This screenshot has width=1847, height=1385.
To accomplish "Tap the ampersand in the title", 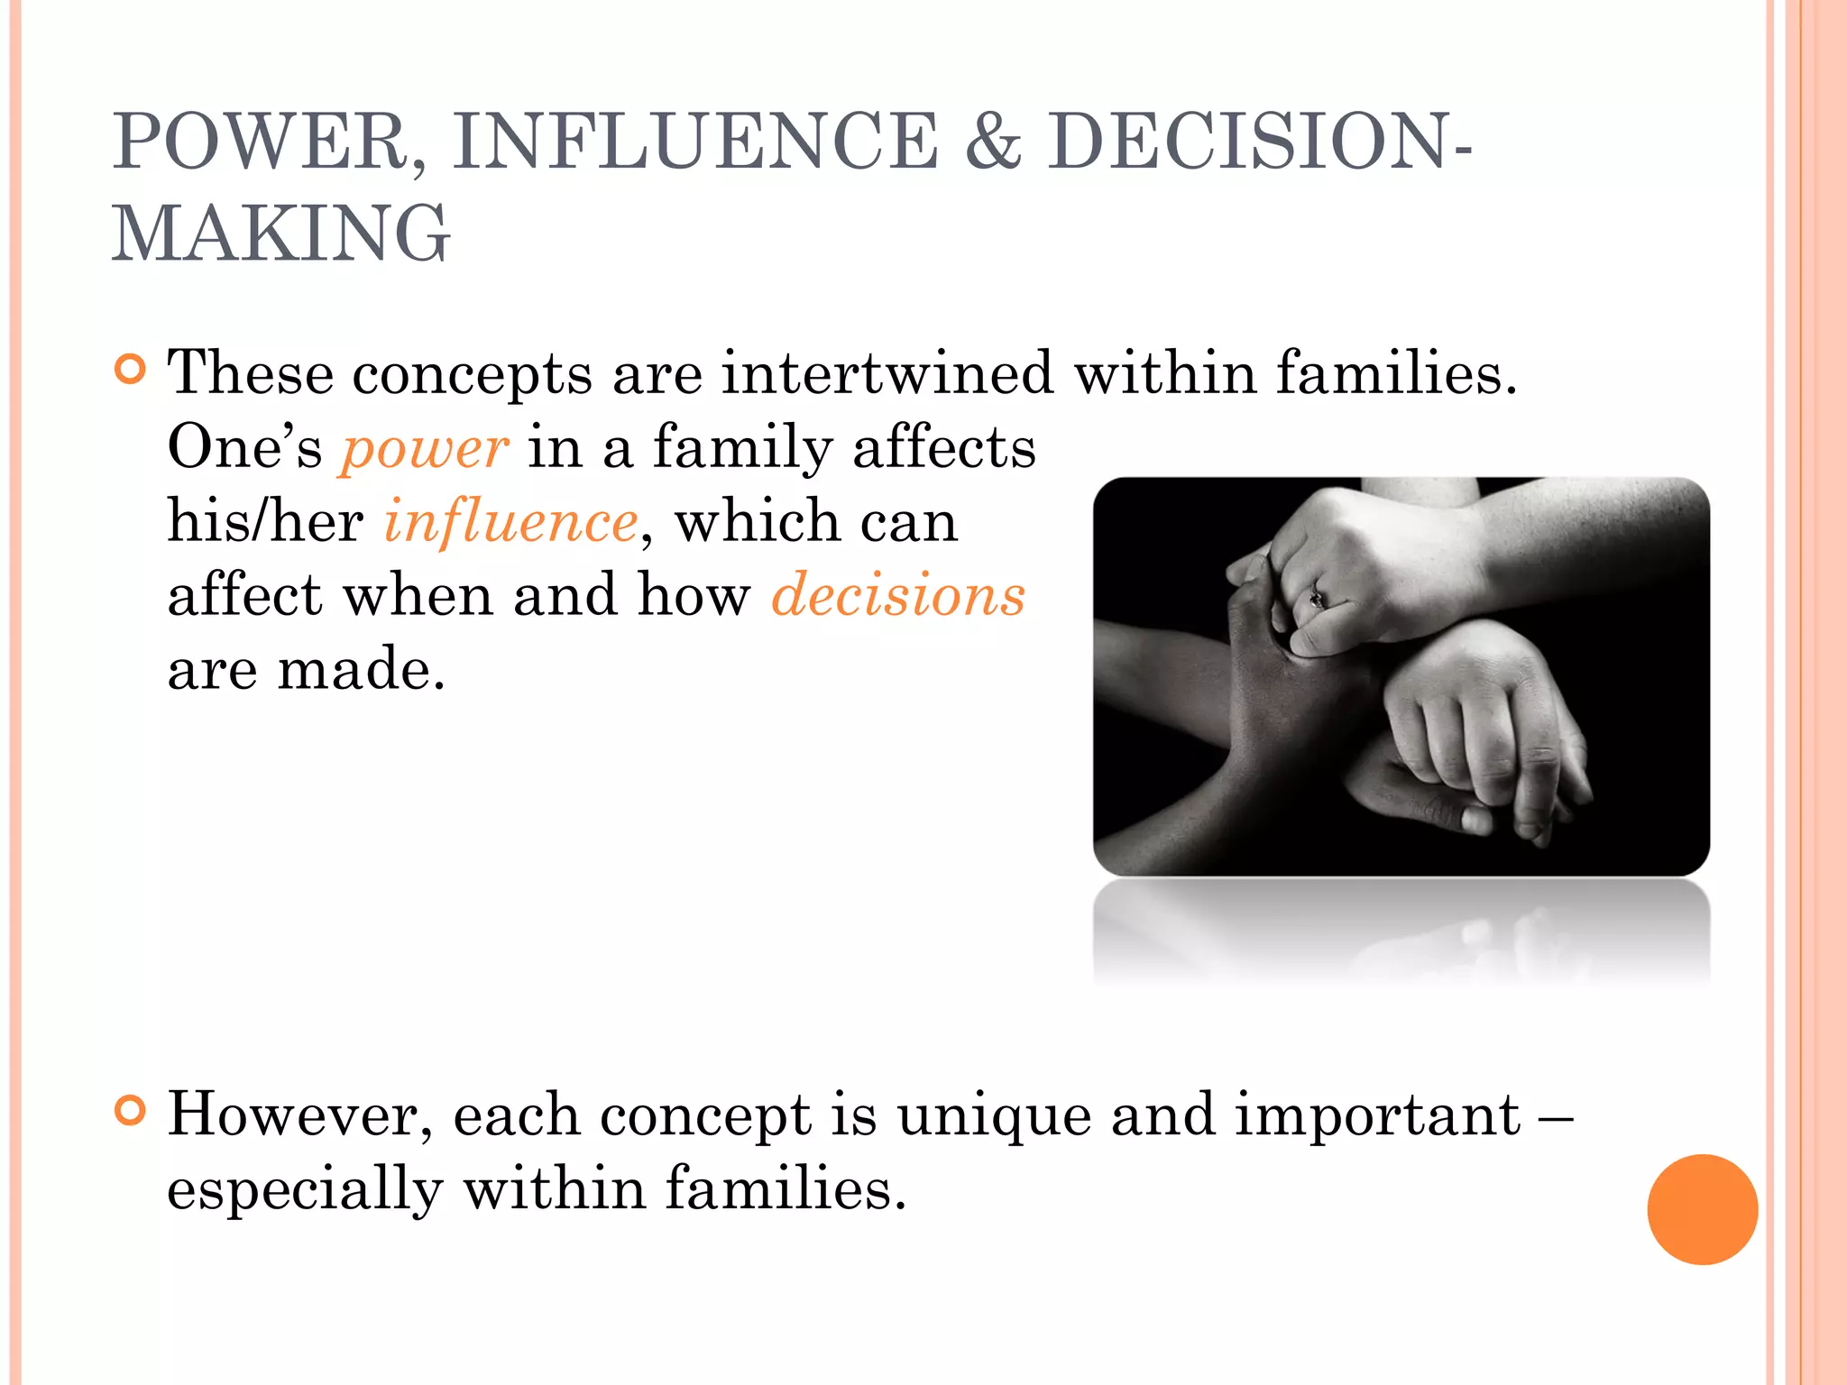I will pos(993,142).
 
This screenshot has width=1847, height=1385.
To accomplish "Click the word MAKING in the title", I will pos(280,234).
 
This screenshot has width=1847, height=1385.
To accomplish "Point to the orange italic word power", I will pos(424,448).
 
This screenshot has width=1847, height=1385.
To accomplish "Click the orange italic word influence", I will pos(511,522).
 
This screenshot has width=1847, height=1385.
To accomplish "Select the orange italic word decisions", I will pos(898,596).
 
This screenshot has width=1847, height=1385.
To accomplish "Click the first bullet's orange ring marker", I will pos(131,370).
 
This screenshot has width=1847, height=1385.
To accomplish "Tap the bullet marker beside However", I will pos(131,1111).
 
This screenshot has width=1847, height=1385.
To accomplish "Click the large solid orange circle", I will pos(1702,1209).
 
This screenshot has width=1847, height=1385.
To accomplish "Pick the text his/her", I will pos(265,522).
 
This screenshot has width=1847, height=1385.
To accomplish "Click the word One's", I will pos(244,447).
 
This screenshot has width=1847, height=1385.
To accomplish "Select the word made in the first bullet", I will pos(361,670).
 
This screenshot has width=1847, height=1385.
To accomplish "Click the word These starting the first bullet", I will pos(250,372).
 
